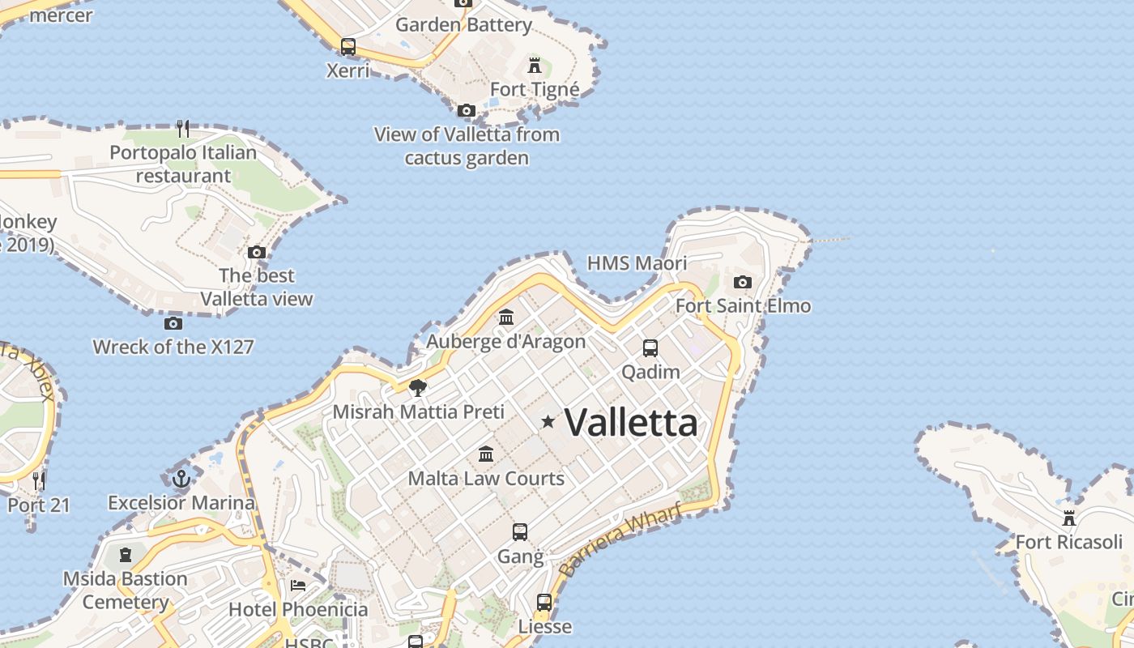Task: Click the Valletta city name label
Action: [x=631, y=422]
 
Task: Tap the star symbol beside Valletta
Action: [x=548, y=421]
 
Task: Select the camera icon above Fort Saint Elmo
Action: [x=742, y=283]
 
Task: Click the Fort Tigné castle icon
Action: [x=535, y=65]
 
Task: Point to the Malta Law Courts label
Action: [x=486, y=478]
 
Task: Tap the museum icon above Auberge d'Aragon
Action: [x=506, y=317]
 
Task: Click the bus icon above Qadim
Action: [x=650, y=348]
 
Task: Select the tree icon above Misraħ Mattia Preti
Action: [x=418, y=388]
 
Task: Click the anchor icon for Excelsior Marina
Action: [x=181, y=479]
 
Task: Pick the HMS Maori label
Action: [x=637, y=263]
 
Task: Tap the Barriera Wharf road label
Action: [x=620, y=538]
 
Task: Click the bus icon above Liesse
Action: [x=544, y=603]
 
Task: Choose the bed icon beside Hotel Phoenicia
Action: [x=298, y=586]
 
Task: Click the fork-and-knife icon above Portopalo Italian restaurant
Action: [x=183, y=128]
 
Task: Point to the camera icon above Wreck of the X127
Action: [x=173, y=324]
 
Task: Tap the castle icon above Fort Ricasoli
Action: [x=1069, y=518]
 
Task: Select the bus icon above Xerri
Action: [x=348, y=46]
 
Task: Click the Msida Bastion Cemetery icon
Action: [x=125, y=555]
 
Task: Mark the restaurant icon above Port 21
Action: [x=39, y=480]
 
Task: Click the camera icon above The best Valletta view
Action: [x=257, y=252]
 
